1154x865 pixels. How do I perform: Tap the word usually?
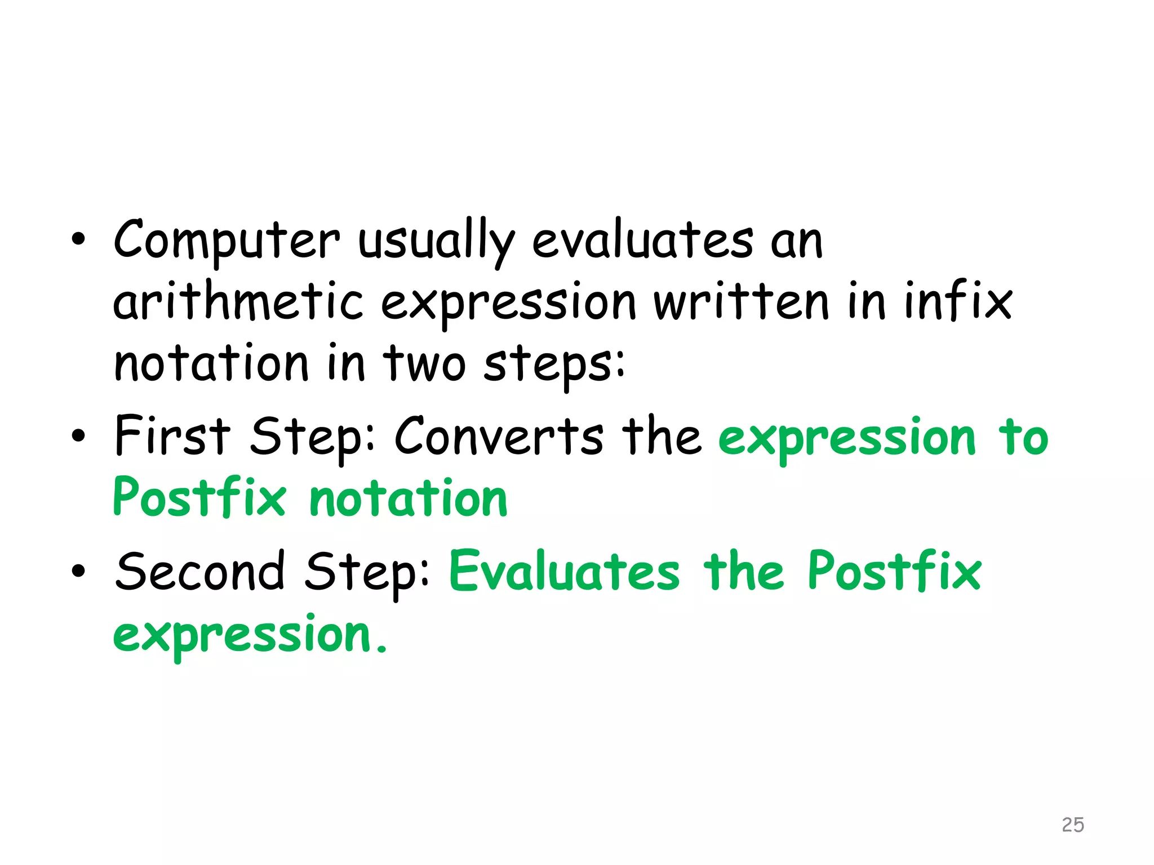(x=436, y=241)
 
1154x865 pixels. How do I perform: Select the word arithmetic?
(x=238, y=302)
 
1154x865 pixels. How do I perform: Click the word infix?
(x=958, y=302)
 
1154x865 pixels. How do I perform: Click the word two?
(x=424, y=363)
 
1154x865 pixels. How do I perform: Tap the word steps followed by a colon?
(x=554, y=365)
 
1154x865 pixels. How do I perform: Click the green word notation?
(x=409, y=498)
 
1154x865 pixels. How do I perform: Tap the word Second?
(x=200, y=572)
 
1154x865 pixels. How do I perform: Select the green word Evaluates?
(x=565, y=572)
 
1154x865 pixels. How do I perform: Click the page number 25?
(x=1072, y=824)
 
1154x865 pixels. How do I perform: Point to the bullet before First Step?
(x=78, y=436)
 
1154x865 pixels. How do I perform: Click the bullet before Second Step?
(x=78, y=572)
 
